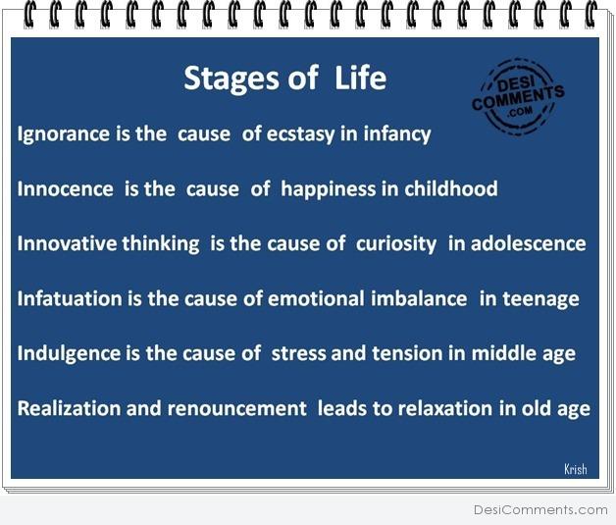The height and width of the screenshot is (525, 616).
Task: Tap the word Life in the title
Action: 361,77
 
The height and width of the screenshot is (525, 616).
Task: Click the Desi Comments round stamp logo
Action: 518,97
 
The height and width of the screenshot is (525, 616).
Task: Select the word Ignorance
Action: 63,134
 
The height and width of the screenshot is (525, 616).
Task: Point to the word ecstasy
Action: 300,134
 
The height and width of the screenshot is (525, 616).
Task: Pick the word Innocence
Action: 65,188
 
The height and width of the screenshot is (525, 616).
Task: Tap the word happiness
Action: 328,189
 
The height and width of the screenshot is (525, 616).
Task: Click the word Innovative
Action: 67,243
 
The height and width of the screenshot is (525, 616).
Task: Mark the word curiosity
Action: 396,244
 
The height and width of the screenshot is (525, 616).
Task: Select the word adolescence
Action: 529,243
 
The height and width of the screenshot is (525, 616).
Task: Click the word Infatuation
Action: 70,298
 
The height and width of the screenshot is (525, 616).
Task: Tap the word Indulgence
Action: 69,353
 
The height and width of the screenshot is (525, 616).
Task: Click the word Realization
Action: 70,408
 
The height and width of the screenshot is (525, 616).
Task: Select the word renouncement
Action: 237,408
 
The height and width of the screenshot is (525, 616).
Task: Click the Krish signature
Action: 576,469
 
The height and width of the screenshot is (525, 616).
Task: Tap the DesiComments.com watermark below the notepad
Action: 540,509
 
